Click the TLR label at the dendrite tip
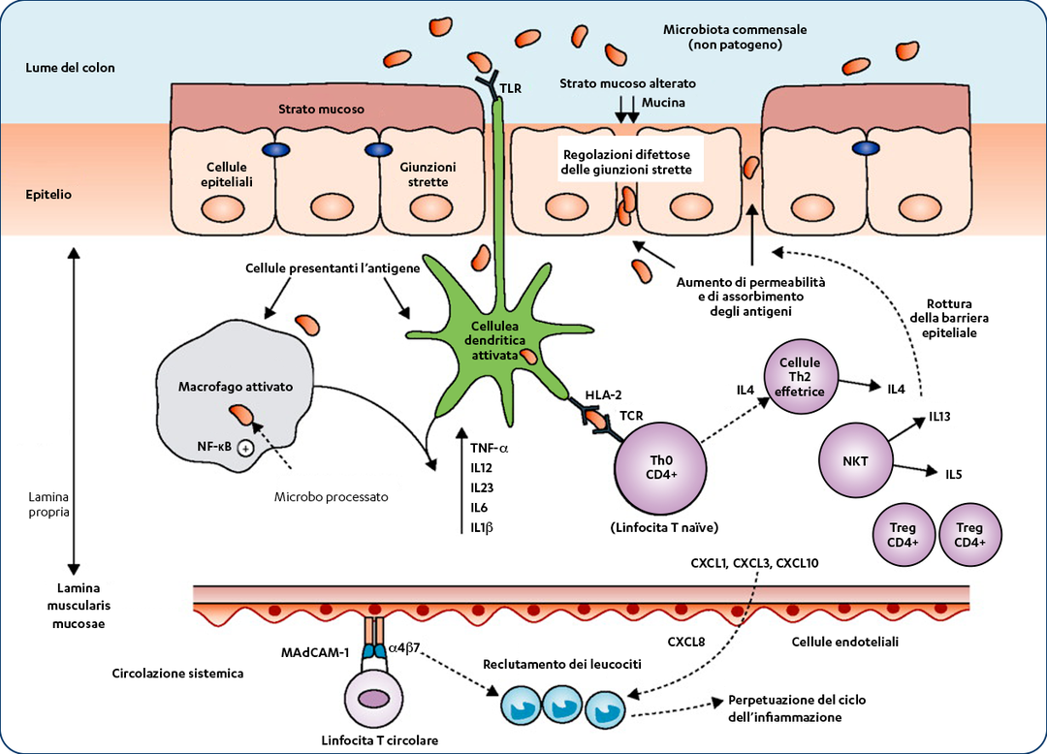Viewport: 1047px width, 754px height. tap(511, 88)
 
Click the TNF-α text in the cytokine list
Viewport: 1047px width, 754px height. tap(490, 448)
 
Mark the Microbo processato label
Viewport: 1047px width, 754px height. tap(330, 496)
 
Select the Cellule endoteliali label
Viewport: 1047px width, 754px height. tap(845, 642)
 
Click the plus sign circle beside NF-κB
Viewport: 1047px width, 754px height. tap(246, 448)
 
